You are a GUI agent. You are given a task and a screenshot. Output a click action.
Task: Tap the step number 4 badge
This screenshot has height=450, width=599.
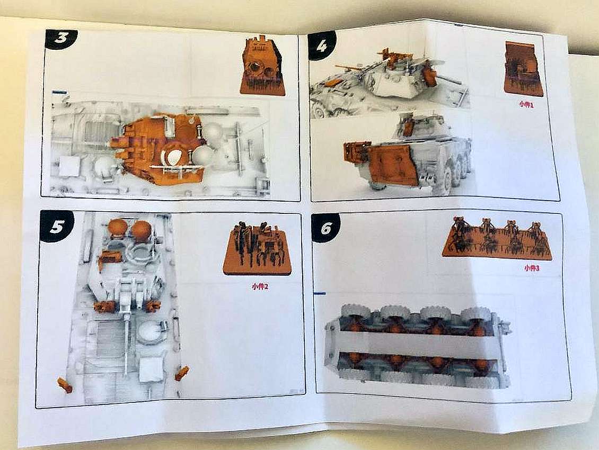coord(322,46)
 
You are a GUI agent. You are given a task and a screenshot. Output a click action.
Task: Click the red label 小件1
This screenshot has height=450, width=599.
coord(526,104)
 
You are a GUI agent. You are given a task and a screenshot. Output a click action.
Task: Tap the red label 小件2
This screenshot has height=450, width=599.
coord(260,286)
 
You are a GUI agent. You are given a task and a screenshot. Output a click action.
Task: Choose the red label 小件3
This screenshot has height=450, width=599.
coord(532,268)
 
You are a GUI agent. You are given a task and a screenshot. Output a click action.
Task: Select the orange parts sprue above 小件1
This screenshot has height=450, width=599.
coord(523,69)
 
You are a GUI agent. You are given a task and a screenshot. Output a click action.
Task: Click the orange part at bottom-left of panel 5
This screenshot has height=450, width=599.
coord(65,385)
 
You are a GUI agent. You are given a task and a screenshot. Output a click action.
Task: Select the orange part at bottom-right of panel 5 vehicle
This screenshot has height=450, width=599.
coord(182,373)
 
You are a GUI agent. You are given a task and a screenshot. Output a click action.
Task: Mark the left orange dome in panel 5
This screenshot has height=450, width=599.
coord(118,228)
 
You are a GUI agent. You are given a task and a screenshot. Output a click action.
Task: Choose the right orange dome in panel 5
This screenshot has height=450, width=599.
coord(141,229)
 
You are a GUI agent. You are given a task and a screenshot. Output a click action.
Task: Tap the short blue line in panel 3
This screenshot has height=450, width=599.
coord(59,92)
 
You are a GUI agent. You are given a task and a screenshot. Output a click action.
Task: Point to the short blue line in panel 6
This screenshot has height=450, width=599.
coord(320,293)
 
